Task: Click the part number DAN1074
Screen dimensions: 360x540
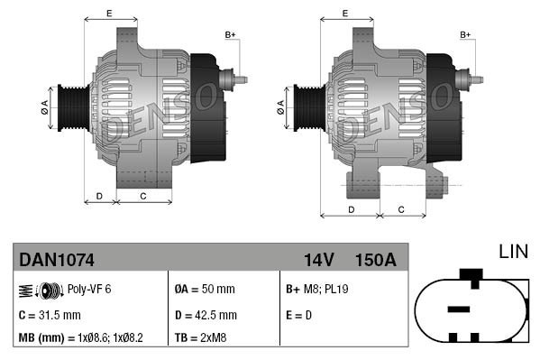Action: pos(56,260)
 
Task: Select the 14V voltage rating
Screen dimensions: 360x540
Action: pos(318,260)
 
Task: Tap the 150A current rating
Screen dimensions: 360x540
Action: pos(376,260)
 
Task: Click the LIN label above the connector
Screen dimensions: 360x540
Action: pos(513,249)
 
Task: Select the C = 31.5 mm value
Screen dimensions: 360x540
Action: pos(50,315)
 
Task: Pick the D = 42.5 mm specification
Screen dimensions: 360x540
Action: pos(205,315)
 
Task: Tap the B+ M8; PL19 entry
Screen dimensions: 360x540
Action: pos(316,290)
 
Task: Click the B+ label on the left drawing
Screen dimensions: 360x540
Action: pos(230,34)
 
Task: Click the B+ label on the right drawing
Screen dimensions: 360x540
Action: pos(466,34)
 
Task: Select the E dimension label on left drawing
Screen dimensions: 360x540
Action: pos(108,13)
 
